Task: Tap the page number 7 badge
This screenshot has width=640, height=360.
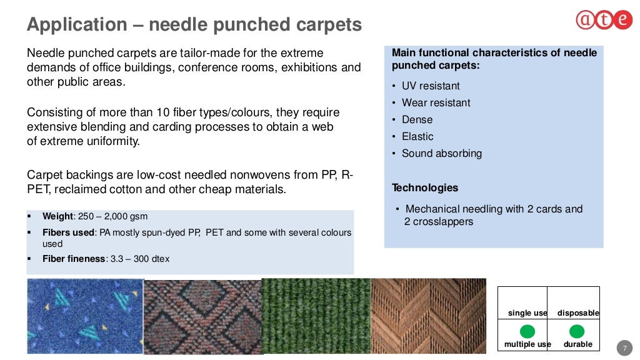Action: (x=624, y=347)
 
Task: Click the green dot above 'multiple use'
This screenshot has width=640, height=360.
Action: (x=527, y=331)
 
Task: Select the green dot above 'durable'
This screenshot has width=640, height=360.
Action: (x=577, y=331)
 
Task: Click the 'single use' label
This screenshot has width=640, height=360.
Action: (x=527, y=313)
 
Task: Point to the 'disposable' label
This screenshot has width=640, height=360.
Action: (x=578, y=313)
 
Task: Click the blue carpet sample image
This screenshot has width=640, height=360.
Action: (x=86, y=316)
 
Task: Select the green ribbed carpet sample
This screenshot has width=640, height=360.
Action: (x=316, y=316)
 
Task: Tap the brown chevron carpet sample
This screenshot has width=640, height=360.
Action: (x=428, y=316)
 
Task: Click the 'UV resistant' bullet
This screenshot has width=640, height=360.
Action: (x=431, y=86)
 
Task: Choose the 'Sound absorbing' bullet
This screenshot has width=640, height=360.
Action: (x=441, y=154)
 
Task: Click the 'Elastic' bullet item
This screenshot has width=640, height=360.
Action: (x=417, y=137)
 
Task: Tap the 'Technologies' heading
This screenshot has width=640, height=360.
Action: (x=425, y=188)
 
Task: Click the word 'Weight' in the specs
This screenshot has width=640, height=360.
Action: (x=57, y=217)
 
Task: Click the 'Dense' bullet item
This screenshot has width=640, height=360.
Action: (x=417, y=120)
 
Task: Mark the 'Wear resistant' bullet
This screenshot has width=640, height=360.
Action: (x=436, y=103)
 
